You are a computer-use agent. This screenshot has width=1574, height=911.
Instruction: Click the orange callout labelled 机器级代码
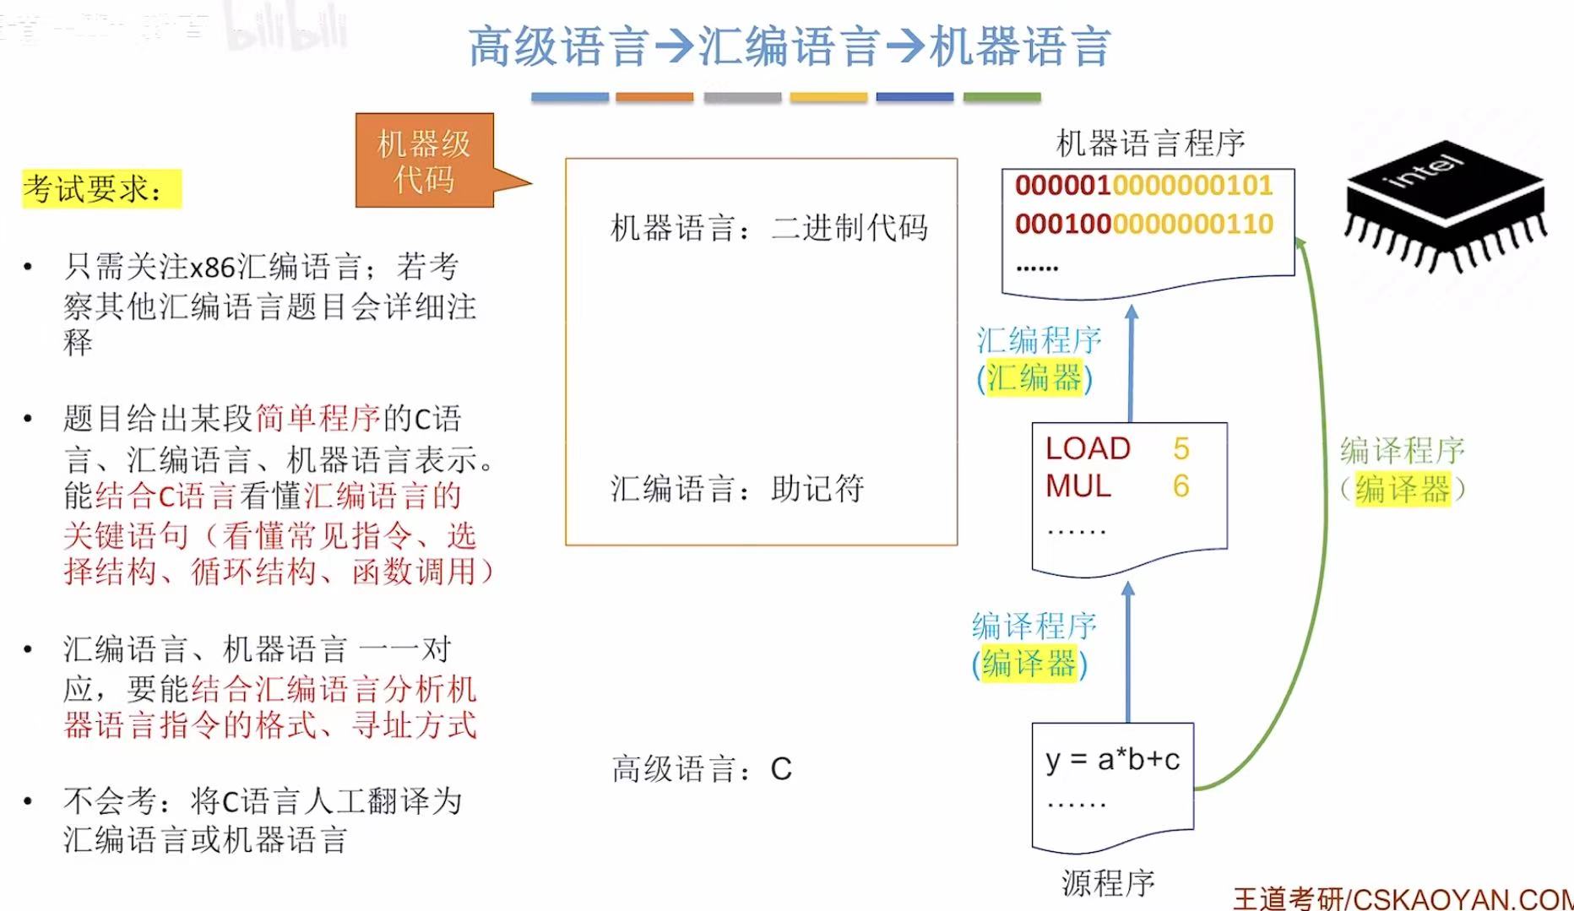(424, 160)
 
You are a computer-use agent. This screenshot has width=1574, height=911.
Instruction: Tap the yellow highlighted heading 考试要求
(101, 189)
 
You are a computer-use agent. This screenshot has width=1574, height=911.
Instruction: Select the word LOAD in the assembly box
(1088, 448)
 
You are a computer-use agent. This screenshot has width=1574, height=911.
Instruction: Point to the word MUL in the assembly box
(1078, 486)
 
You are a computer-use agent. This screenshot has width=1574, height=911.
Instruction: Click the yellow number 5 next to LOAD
(1180, 448)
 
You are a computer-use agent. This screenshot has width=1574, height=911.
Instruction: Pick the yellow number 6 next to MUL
(1180, 486)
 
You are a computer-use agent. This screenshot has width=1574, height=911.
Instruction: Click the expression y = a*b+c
(1112, 760)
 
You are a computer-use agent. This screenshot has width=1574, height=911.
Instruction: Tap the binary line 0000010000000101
(1143, 186)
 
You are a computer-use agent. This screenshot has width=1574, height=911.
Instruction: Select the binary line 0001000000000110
(1143, 224)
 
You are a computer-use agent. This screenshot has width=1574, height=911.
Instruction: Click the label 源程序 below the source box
(1108, 883)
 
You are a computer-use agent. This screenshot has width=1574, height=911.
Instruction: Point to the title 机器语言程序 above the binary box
(1150, 144)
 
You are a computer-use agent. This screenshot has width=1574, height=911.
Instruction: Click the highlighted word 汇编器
(1034, 377)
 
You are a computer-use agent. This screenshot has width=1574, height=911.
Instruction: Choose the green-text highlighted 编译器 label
(1403, 489)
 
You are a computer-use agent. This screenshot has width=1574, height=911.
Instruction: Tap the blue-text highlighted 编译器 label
(1029, 664)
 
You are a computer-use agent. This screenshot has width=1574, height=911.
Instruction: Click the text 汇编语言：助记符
(737, 489)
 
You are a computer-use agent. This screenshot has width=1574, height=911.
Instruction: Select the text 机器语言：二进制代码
(768, 228)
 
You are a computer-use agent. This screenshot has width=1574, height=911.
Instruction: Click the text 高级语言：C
(702, 769)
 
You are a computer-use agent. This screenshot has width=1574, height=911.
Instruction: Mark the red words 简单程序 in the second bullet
(318, 418)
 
